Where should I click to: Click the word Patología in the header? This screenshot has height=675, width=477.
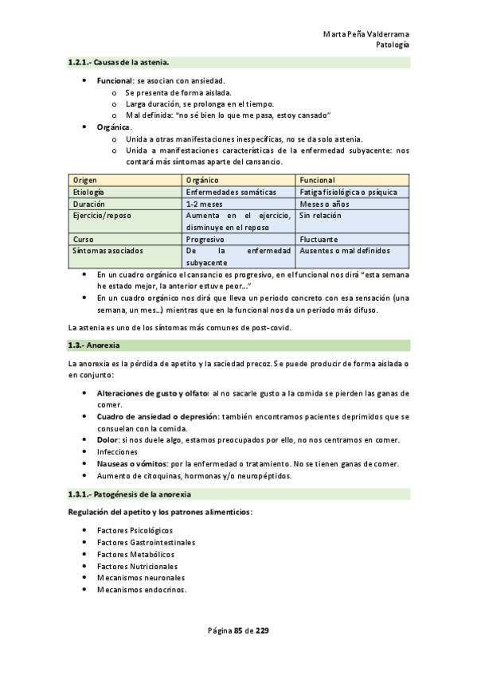click(393, 45)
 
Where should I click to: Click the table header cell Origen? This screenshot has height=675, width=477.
click(85, 180)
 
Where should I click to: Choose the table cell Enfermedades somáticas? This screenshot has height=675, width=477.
click(231, 192)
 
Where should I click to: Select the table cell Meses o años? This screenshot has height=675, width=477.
click(327, 203)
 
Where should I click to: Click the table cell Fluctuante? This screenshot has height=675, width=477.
click(319, 239)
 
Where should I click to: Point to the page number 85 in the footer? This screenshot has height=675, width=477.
click(238, 631)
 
